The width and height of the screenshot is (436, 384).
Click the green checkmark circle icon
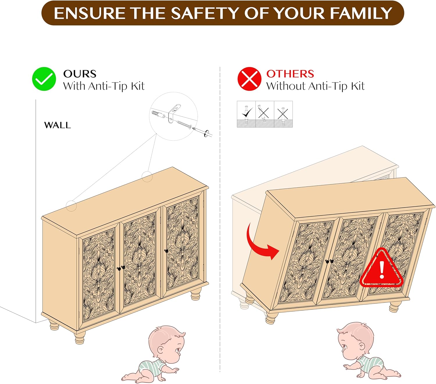pyautogui.click(x=44, y=79)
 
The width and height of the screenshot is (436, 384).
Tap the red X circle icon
pyautogui.click(x=249, y=79)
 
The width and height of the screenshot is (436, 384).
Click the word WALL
pyautogui.click(x=58, y=125)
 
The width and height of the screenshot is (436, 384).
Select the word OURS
pyautogui.click(x=80, y=74)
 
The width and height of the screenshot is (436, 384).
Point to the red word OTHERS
pyautogui.click(x=290, y=74)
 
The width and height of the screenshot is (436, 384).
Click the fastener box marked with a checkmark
pyautogui.click(x=246, y=114)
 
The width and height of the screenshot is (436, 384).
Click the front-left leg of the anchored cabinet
pyautogui.click(x=80, y=337)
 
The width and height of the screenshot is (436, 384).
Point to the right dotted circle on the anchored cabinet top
pyautogui.click(x=147, y=177)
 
